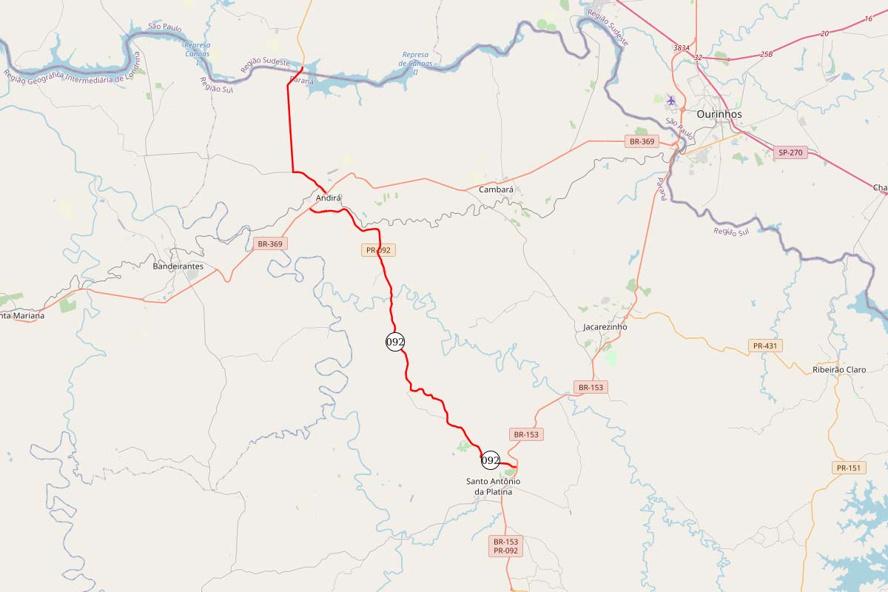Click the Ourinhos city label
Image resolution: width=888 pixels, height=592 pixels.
tap(719, 115)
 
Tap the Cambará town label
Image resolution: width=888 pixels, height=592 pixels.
tap(496, 189)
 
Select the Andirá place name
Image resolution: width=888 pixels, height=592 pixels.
tap(329, 198)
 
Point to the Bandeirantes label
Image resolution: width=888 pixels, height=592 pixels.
tap(178, 266)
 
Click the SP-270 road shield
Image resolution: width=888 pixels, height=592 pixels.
tap(790, 153)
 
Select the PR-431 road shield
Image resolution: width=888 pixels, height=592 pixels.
tap(766, 346)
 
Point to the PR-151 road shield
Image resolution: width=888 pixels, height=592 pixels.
tap(848, 468)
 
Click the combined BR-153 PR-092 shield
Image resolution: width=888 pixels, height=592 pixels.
tap(507, 546)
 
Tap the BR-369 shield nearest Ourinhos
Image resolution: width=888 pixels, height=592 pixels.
tap(642, 141)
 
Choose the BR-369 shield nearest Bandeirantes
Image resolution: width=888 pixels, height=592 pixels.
tap(270, 243)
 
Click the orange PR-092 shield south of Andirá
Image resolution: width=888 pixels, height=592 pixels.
tap(378, 250)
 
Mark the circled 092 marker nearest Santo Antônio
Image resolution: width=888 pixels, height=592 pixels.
tap(490, 460)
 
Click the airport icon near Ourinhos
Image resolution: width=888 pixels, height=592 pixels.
tap(671, 101)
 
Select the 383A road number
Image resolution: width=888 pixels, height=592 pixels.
tap(681, 47)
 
